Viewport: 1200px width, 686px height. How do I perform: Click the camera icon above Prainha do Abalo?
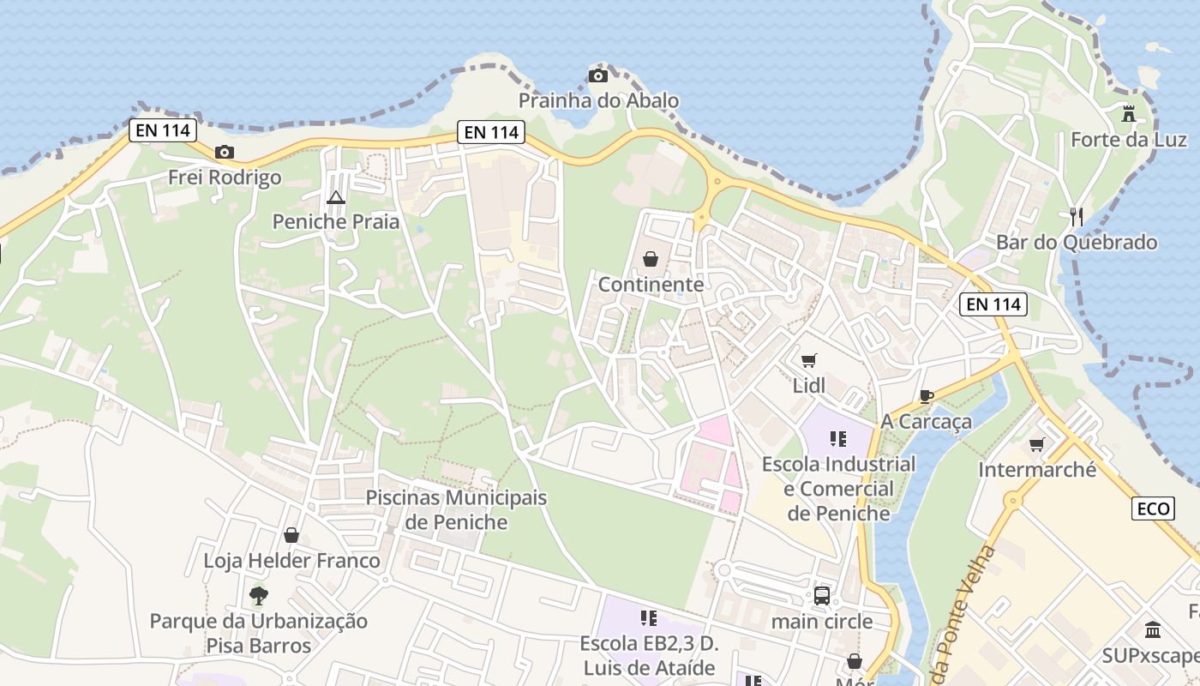(598, 76)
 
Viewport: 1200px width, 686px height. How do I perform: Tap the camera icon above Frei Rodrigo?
(225, 153)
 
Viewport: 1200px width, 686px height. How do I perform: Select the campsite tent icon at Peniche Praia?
(335, 198)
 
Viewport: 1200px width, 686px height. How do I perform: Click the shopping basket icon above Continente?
(651, 259)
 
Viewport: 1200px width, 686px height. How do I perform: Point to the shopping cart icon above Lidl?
(808, 360)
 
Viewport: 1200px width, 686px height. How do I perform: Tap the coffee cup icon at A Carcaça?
(926, 396)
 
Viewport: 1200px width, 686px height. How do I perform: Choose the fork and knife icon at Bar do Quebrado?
(1077, 217)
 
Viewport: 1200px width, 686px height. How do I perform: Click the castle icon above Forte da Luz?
(1129, 113)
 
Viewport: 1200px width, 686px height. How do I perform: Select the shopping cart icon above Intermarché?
(1037, 444)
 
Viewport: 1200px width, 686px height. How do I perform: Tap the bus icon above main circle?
(821, 595)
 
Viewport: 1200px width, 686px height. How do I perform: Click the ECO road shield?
(1153, 508)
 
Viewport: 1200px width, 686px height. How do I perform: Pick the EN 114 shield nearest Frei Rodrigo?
(163, 131)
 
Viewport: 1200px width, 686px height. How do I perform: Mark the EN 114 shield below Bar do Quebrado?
(993, 304)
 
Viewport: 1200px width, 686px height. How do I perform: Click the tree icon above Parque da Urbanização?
(258, 595)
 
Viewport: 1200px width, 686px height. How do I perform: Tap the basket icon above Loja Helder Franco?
(291, 535)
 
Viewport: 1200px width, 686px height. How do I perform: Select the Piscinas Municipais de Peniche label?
(456, 509)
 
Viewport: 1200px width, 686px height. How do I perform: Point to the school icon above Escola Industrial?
(838, 439)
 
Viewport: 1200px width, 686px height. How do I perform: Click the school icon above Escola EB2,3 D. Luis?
(648, 617)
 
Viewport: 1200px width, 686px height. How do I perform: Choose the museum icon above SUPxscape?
(1153, 630)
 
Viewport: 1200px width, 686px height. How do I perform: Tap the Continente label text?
(651, 285)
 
